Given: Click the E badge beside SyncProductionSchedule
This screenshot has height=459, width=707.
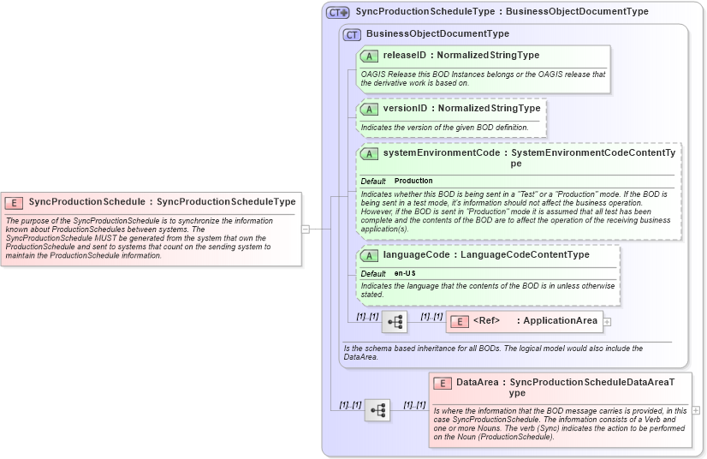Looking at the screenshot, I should click(x=14, y=202).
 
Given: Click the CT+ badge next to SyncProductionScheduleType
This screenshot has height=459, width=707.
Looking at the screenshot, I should click(x=338, y=12).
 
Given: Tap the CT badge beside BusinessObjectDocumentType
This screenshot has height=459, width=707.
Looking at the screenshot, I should click(x=352, y=34).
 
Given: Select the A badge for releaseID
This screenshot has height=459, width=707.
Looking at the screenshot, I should click(x=370, y=56).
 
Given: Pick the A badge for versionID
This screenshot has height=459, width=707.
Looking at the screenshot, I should click(x=370, y=109).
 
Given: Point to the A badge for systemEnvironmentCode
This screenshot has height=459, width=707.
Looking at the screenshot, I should click(x=370, y=153).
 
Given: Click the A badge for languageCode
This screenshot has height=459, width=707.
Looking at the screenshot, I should click(x=370, y=255).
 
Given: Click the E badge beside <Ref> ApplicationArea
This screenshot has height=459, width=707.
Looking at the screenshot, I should click(x=460, y=321).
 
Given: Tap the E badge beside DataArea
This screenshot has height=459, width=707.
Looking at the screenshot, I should click(x=443, y=383).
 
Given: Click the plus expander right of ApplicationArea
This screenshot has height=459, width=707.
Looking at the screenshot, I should click(x=608, y=322).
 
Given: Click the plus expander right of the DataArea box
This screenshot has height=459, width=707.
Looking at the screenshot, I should click(x=696, y=410).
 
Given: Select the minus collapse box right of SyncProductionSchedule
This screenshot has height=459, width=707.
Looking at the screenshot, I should click(x=306, y=229).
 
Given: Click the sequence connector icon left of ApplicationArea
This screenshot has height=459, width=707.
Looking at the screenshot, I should click(x=395, y=322).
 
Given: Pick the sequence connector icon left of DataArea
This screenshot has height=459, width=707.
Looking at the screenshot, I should click(x=377, y=410).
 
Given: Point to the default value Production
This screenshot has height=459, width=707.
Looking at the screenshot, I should click(x=413, y=181).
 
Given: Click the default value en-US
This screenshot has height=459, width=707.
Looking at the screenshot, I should click(x=399, y=273).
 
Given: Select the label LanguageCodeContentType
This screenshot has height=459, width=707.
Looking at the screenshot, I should click(x=525, y=254).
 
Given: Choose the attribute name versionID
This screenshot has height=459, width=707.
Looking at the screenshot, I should click(x=405, y=109).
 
